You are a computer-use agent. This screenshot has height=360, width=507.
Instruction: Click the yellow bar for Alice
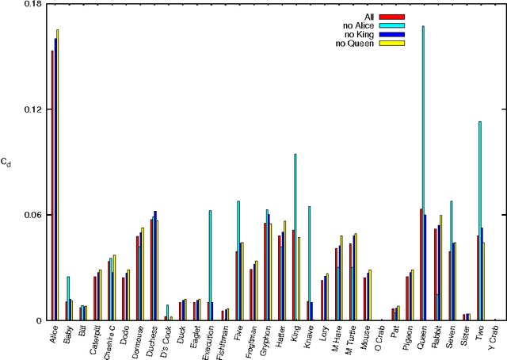tap(58, 174)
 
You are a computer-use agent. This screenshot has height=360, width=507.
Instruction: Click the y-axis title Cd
tap(6, 163)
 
